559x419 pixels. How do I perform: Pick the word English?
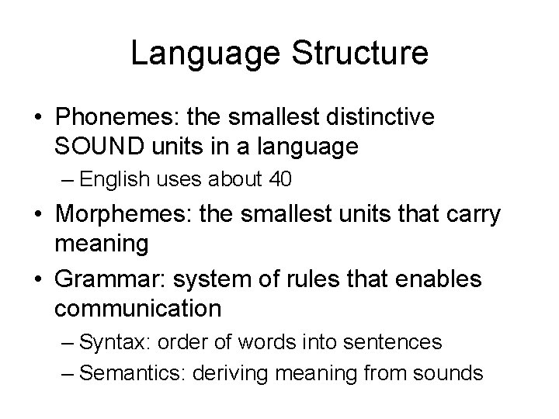pos(109,180)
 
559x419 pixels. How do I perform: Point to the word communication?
pos(138,308)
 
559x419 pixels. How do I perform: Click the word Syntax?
pos(109,342)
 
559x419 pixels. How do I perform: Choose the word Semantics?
pos(123,372)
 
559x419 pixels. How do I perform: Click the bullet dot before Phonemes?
pos(36,116)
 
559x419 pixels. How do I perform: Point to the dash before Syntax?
pos(68,342)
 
